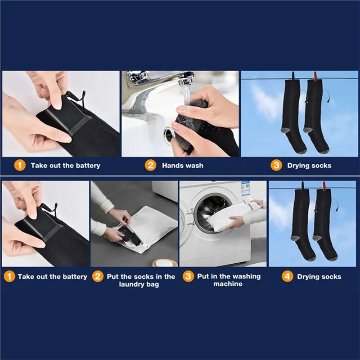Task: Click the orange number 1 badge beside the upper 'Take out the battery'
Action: point(20,165)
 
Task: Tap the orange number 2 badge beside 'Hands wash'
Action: point(151,165)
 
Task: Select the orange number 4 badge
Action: point(287,276)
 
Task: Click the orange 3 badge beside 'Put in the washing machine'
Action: point(188,276)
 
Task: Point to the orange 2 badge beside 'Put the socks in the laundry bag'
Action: point(98,276)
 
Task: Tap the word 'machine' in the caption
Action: point(228,284)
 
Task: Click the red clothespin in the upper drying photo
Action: point(316,76)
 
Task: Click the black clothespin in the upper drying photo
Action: point(293,76)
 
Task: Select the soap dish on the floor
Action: point(165,263)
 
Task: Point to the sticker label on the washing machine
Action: point(245,188)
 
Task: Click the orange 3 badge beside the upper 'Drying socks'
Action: point(276,165)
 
